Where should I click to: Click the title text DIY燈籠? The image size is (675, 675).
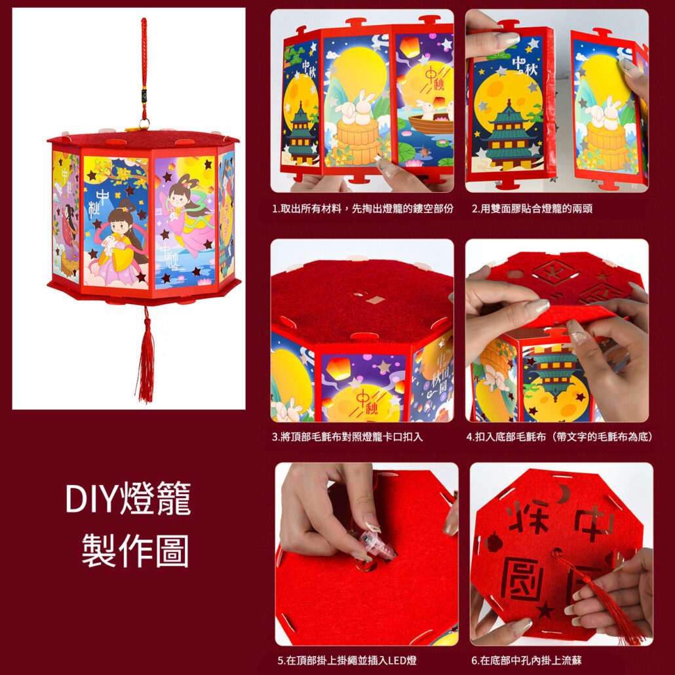point(128,497)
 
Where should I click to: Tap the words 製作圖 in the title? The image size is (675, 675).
point(135,550)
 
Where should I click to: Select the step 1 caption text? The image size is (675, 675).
point(362,209)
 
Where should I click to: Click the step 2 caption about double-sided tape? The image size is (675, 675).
point(531,209)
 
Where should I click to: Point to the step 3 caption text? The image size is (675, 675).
point(347,437)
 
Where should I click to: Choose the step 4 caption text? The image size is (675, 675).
point(560,437)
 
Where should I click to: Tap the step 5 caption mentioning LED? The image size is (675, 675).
point(347,660)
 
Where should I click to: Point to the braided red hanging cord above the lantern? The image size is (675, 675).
point(144,69)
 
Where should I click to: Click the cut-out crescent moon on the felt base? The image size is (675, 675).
point(564,493)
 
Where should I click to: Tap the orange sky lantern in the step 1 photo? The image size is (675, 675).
point(410,47)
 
